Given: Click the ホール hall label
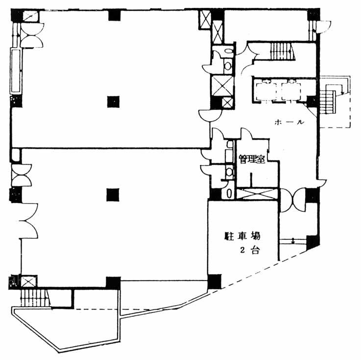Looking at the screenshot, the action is (289, 122).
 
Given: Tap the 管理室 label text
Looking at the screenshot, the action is (252, 159).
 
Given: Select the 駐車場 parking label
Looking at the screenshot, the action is (242, 236).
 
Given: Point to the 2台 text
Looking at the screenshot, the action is (250, 250).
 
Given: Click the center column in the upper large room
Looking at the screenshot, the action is (113, 102).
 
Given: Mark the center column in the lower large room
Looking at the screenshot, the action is (113, 195).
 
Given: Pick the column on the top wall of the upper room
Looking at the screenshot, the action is (115, 15).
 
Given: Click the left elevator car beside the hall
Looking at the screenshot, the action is (266, 91).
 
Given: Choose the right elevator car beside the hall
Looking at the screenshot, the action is (291, 91).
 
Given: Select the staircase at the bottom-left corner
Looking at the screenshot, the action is (35, 298).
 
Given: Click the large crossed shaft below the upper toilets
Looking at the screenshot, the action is (222, 86).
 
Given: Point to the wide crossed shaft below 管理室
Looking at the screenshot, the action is (257, 193).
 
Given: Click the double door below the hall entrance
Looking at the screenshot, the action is (293, 200).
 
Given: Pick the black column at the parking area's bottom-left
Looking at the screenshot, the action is (215, 281).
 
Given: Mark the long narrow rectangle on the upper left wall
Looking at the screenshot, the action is (16, 71).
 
